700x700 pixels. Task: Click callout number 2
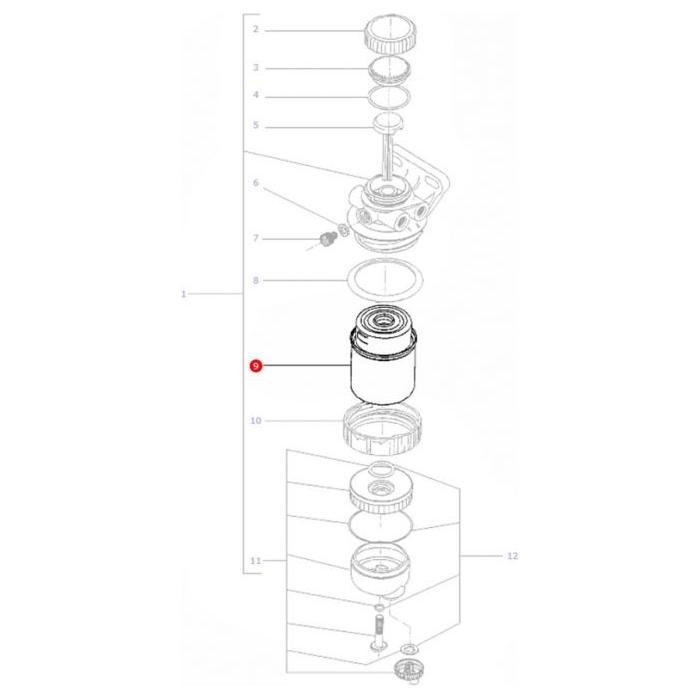tap(255, 30)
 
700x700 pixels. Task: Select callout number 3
tap(255, 68)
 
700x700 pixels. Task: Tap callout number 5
tap(255, 126)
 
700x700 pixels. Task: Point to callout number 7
tap(255, 238)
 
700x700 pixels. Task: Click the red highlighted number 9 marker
tap(255, 367)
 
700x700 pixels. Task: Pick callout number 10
tap(255, 421)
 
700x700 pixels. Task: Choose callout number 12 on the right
tap(513, 556)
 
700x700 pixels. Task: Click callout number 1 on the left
tap(183, 294)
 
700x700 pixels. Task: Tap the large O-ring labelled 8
tap(385, 281)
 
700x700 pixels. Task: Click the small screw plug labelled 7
tap(325, 239)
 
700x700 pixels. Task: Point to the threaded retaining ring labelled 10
tap(385, 427)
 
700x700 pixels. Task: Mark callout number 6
tap(255, 183)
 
